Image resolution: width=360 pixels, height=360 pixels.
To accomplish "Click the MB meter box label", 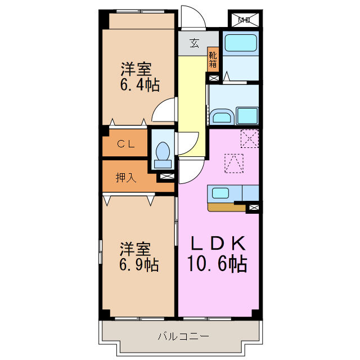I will (244, 21).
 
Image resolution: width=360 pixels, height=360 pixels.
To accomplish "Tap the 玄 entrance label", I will (194, 43).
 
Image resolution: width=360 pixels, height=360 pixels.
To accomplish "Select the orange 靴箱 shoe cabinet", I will (213, 58).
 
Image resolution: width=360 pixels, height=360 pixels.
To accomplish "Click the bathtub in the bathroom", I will (240, 44).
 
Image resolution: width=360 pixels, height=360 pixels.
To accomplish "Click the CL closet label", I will (125, 144).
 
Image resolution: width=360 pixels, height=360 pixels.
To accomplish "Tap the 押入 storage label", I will (125, 178).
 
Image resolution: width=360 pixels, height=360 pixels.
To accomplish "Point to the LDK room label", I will (218, 244).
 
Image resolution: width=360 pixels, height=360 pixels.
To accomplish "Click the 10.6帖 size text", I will (218, 263).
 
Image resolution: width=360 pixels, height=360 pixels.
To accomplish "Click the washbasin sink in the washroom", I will (222, 116).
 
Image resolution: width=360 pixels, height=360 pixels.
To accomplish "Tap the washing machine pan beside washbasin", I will (247, 116).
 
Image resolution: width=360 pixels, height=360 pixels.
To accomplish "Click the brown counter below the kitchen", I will (226, 206).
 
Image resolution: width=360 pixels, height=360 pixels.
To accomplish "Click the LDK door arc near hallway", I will (191, 172).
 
